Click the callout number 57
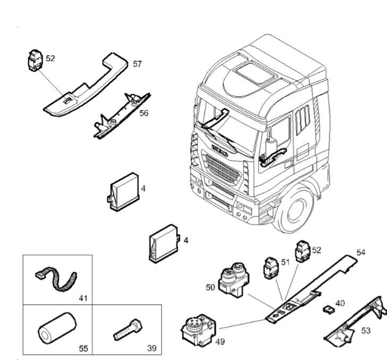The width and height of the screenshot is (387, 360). pos(137,64)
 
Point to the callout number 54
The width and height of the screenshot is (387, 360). pos(360,252)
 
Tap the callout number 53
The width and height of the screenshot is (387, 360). pos(366,330)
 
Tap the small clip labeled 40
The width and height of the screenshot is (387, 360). pos(328,308)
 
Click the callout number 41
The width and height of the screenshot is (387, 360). pos(82,298)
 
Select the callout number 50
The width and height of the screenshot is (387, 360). pos(210,287)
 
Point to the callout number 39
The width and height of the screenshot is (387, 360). pos(152,349)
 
